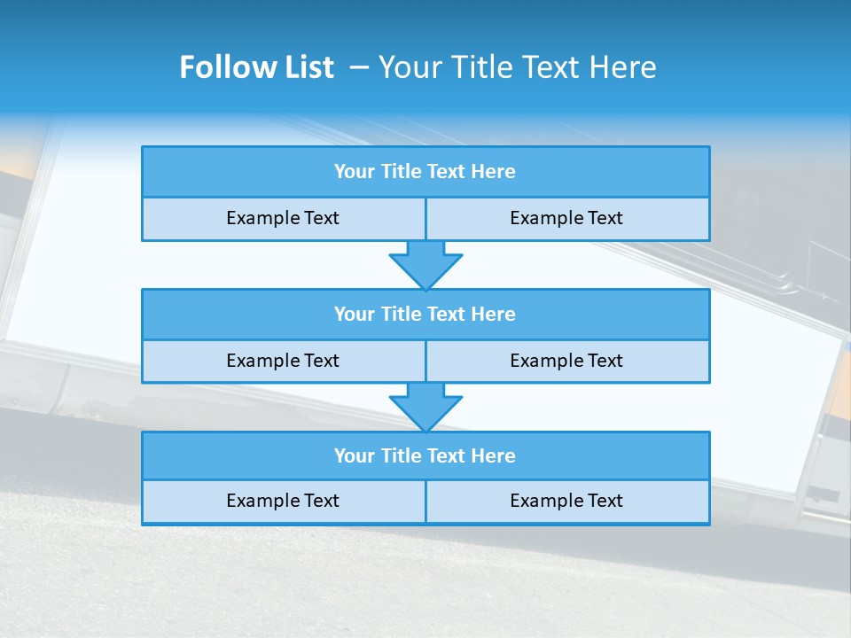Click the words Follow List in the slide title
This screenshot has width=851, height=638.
click(256, 67)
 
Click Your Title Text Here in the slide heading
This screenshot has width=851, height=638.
click(517, 67)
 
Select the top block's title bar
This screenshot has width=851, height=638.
click(425, 172)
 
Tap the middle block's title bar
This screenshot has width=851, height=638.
click(425, 314)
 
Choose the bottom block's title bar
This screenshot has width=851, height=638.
click(425, 455)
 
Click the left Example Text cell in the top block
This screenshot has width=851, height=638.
click(283, 218)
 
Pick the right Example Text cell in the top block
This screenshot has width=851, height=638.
click(566, 218)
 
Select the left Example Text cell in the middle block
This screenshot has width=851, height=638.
click(283, 361)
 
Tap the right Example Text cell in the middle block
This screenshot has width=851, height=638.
click(566, 361)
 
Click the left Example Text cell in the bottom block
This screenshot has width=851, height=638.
click(283, 501)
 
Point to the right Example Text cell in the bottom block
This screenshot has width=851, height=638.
click(566, 501)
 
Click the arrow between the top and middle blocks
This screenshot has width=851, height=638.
click(425, 264)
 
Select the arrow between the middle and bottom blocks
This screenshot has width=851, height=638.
click(425, 407)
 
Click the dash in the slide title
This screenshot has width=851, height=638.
click(359, 67)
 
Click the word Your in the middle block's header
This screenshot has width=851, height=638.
click(354, 314)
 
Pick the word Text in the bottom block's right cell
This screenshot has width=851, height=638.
click(605, 501)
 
